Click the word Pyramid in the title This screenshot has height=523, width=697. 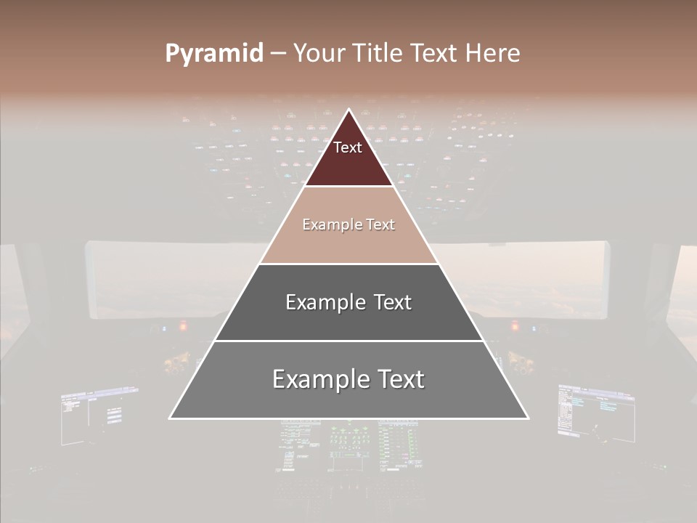click(x=214, y=54)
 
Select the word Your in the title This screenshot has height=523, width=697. click(x=318, y=54)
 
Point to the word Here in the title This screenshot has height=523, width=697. click(x=493, y=54)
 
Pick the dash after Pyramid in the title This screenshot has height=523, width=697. click(x=278, y=54)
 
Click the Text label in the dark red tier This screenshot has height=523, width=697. click(x=348, y=147)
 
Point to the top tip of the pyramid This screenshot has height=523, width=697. click(x=348, y=110)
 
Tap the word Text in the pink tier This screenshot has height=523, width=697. click(x=380, y=224)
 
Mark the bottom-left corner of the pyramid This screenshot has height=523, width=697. click(x=170, y=418)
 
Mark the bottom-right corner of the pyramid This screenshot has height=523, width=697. click(x=528, y=418)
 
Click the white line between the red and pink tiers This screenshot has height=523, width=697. click(x=348, y=187)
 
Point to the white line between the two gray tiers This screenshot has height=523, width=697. click(x=348, y=341)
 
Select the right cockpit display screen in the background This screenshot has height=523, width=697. click(x=595, y=410)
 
